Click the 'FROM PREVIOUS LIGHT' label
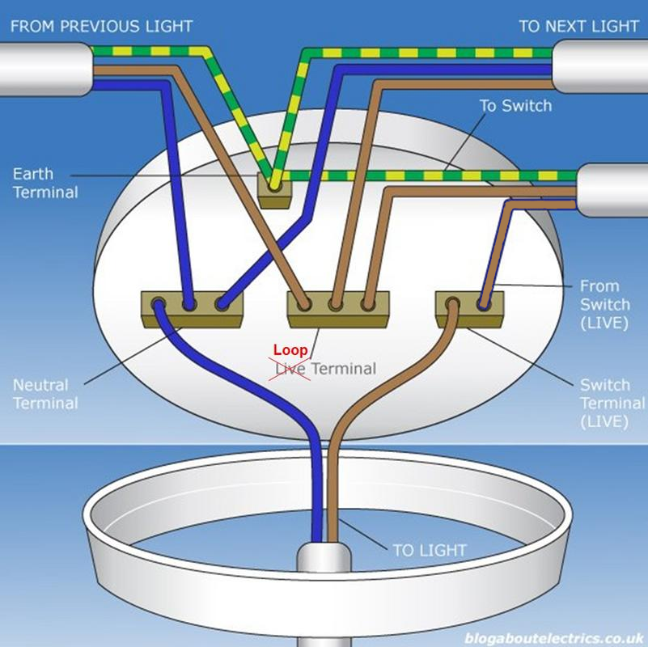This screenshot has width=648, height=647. pyautogui.click(x=101, y=26)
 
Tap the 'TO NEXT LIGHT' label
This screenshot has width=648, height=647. pyautogui.click(x=578, y=26)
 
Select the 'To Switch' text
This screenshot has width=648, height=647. pyautogui.click(x=515, y=106)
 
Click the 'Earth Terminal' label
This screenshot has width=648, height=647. pyautogui.click(x=45, y=184)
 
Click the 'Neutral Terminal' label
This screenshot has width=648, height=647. pyautogui.click(x=45, y=395)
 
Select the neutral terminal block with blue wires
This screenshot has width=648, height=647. pyautogui.click(x=193, y=309)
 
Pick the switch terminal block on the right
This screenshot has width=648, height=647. pyautogui.click(x=469, y=308)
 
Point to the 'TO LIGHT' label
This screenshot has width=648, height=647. pyautogui.click(x=430, y=551)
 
